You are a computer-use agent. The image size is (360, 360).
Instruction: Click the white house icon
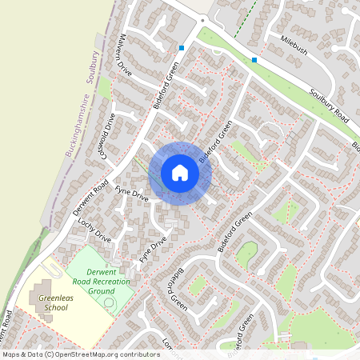pos(180,173)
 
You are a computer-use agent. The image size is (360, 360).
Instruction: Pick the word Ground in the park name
pos(101,291)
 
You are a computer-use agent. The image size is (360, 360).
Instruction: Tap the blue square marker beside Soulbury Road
pos(254,60)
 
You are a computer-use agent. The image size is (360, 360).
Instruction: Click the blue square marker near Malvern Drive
pos(182,48)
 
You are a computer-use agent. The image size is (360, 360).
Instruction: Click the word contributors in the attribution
pos(138,354)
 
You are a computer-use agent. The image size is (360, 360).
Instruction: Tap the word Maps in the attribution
pos(10,354)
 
